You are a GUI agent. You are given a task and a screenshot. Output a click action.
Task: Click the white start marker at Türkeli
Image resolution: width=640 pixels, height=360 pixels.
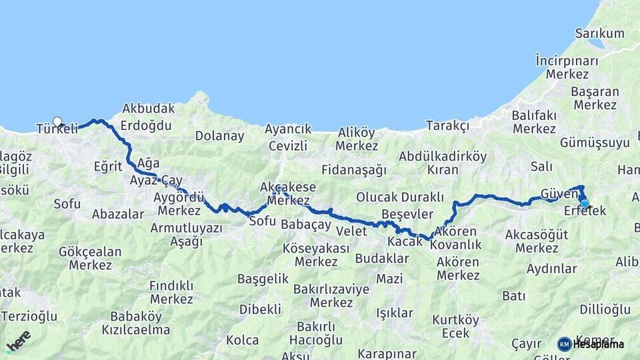[57, 122]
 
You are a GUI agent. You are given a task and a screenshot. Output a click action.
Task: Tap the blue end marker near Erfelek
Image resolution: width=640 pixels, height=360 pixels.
[585, 204]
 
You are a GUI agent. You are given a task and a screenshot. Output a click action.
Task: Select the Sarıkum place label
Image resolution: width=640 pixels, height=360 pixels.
[599, 33]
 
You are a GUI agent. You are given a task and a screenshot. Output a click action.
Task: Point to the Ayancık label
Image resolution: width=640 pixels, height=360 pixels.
[288, 129]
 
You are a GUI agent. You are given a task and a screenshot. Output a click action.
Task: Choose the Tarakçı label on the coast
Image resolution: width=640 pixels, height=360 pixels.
[447, 125]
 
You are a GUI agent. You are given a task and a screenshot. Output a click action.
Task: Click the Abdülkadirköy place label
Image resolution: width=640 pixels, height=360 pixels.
[443, 157]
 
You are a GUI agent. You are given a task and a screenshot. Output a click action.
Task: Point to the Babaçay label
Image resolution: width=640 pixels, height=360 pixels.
[306, 225]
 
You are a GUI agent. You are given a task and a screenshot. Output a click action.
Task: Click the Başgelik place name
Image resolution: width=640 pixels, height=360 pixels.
[263, 279]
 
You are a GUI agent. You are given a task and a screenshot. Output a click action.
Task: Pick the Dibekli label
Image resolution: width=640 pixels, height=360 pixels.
[260, 309]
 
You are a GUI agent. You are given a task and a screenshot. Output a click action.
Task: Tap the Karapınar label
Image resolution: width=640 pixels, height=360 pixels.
[387, 353]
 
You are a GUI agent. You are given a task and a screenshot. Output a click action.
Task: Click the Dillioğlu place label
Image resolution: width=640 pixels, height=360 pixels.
[605, 309]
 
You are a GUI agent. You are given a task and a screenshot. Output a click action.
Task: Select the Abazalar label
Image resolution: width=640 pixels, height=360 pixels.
[118, 214]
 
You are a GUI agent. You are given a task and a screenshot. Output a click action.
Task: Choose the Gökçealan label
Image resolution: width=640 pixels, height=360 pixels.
[90, 252]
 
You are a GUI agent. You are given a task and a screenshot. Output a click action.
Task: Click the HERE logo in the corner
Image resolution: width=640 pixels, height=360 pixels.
[18, 341]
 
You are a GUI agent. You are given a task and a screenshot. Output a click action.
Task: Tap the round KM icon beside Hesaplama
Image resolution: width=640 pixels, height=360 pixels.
[565, 344]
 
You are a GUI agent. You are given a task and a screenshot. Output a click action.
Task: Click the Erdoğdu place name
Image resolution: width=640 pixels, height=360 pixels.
[147, 125]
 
